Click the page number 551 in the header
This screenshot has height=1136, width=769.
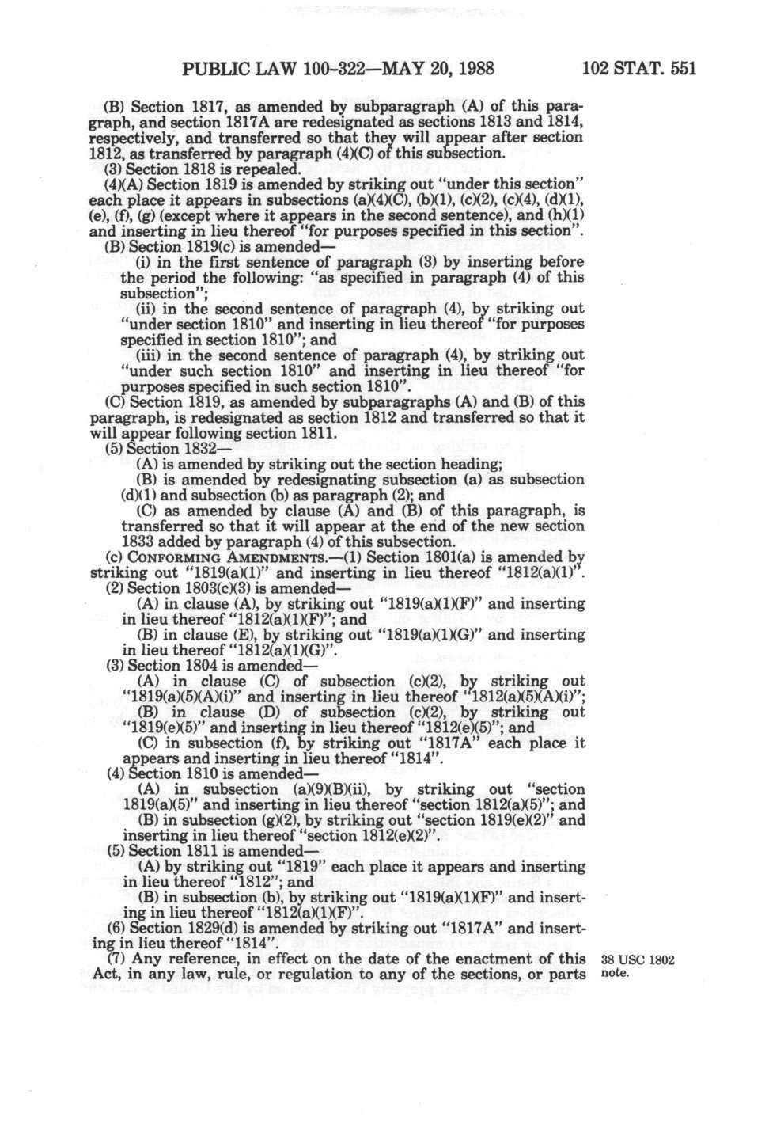pyautogui.click(x=680, y=68)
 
